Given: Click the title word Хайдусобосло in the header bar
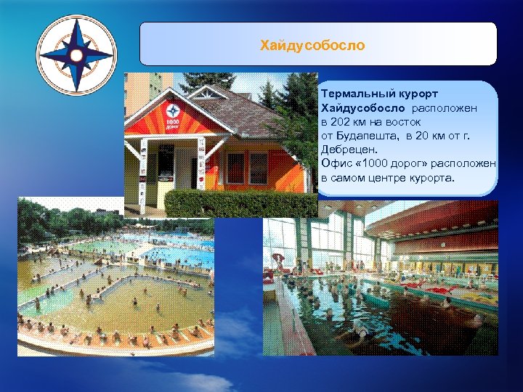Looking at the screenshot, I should point(312,46).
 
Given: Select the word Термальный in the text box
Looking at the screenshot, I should point(352,94).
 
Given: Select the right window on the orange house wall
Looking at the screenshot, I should point(258,168).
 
